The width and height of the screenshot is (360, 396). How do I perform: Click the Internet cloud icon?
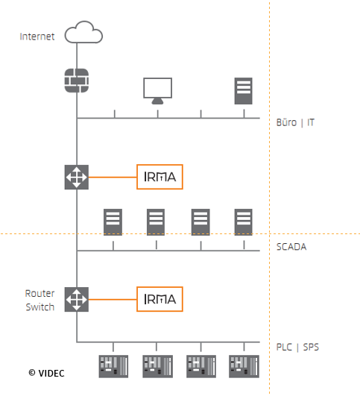coord(83,32)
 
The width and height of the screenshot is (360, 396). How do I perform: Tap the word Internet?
coord(37,37)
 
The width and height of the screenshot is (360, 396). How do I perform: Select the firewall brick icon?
coord(77,81)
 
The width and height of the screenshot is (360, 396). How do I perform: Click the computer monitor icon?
coord(158,91)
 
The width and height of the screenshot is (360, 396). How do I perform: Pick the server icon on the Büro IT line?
coord(244,91)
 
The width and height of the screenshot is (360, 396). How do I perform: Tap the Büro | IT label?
coord(295,122)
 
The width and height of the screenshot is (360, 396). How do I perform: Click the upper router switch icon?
coord(77,177)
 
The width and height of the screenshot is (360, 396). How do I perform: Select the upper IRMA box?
coord(160,177)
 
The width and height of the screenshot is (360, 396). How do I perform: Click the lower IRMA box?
coord(160,299)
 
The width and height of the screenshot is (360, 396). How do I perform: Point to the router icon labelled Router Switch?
coord(77,299)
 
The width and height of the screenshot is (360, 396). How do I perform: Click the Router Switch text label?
coord(40,301)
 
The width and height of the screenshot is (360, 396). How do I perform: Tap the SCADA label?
coord(291,247)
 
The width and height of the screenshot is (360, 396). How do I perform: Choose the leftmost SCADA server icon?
coord(113,222)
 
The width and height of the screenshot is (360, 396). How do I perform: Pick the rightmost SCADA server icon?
coord(244,222)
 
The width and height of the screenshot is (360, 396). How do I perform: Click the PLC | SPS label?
coord(297,348)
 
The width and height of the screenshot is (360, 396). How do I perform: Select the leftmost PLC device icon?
coord(113,366)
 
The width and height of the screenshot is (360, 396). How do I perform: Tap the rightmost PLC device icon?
coord(244,366)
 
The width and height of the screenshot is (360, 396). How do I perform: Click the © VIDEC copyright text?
coord(46,374)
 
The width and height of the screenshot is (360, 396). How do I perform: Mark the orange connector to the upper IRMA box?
coord(113,177)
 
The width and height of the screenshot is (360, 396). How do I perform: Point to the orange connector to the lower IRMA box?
coord(113,300)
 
